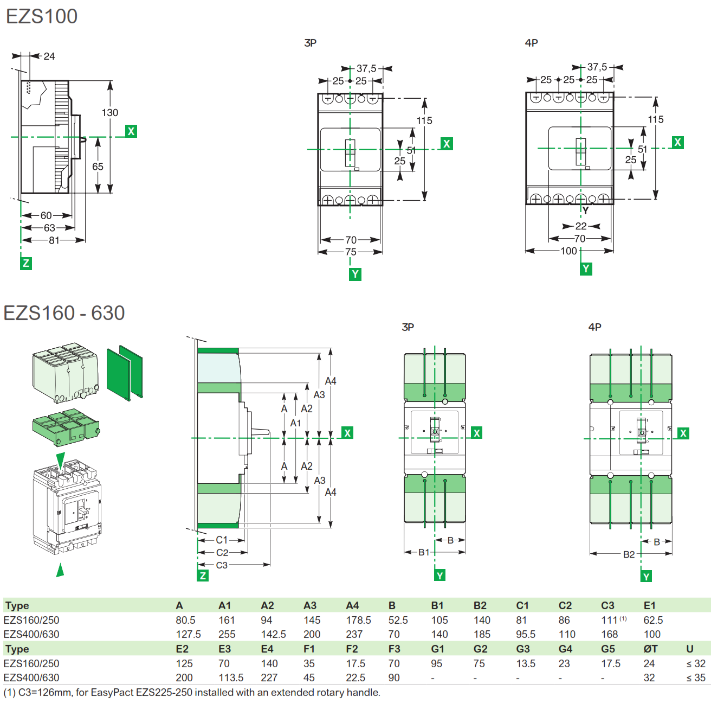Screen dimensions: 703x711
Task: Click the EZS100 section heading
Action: (x=42, y=16)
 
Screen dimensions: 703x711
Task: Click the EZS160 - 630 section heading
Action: (x=64, y=313)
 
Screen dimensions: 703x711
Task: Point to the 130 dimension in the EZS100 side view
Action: (x=109, y=112)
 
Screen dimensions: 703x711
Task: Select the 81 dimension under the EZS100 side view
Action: (x=54, y=240)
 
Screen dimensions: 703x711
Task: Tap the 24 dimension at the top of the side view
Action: (x=49, y=56)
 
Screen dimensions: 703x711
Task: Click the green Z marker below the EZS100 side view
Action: (x=25, y=264)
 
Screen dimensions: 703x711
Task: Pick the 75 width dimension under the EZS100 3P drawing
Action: (x=351, y=252)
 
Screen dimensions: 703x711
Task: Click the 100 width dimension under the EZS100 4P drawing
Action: (x=568, y=251)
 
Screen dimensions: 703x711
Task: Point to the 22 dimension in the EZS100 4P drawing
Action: (x=580, y=226)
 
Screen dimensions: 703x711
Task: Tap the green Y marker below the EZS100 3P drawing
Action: (x=355, y=274)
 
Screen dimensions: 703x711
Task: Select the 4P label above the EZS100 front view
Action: (x=531, y=43)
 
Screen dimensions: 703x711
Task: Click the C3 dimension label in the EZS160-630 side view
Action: (x=222, y=565)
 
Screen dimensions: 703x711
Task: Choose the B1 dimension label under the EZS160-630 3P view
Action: (x=423, y=552)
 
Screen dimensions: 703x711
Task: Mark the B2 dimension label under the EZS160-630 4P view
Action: (x=629, y=554)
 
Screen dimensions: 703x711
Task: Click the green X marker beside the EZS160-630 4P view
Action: (x=683, y=433)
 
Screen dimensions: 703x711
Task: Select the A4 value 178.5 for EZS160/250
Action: (x=358, y=620)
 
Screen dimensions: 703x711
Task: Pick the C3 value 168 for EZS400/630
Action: (x=609, y=634)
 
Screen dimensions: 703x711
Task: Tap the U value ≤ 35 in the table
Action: (x=696, y=678)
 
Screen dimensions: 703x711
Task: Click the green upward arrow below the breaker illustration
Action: (x=60, y=570)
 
